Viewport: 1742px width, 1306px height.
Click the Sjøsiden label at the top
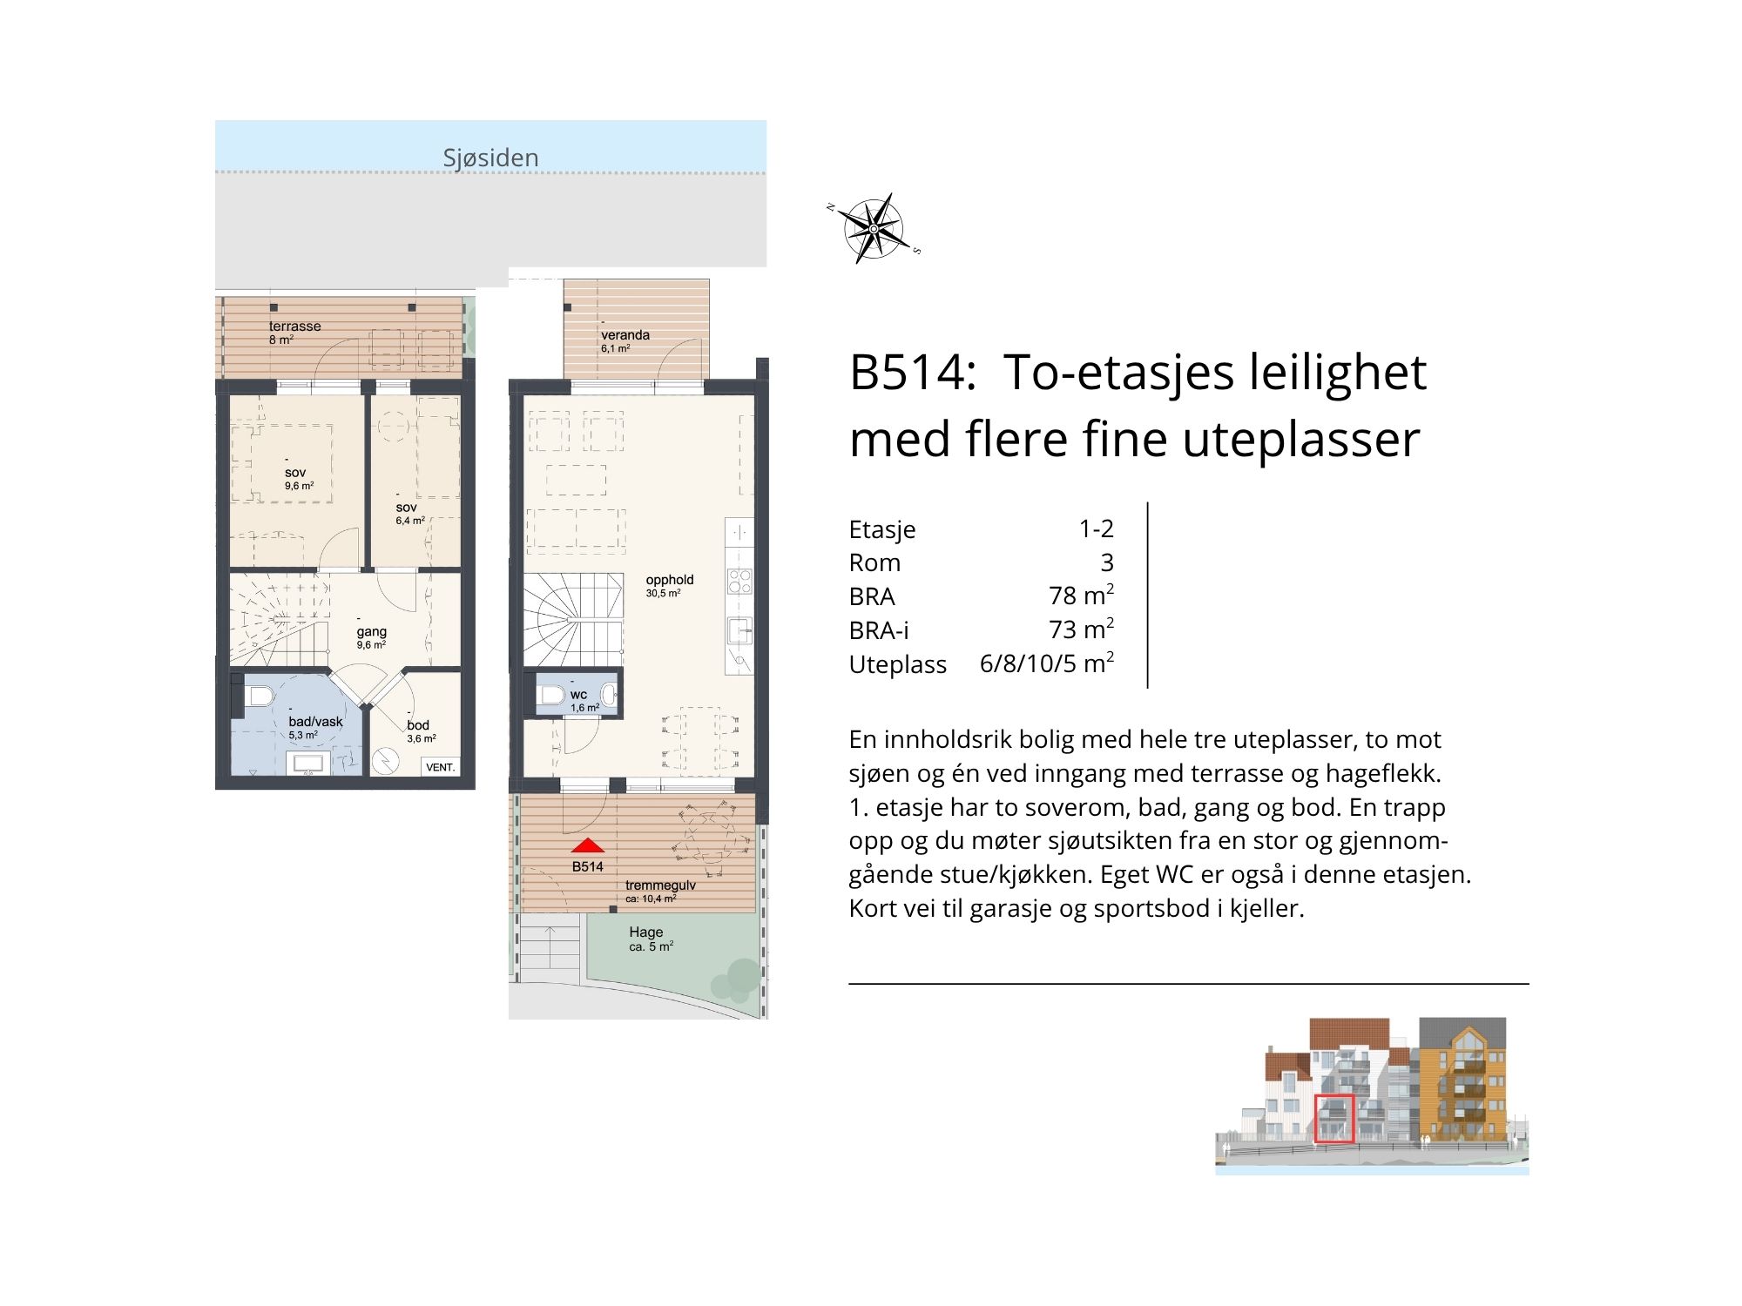(x=490, y=158)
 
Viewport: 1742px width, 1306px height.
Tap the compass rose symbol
(x=874, y=228)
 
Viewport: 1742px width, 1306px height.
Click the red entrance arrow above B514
(x=588, y=845)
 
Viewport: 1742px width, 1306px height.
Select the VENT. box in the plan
(x=440, y=767)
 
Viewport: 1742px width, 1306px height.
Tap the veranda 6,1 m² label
(x=625, y=340)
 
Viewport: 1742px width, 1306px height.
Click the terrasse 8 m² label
(x=294, y=332)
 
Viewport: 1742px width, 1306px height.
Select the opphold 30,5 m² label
(x=669, y=585)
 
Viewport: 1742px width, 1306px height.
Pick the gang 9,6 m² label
(x=371, y=637)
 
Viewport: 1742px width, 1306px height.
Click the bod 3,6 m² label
(x=421, y=730)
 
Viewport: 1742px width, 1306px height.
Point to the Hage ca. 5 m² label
(x=651, y=939)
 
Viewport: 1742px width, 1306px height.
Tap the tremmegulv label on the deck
(x=660, y=885)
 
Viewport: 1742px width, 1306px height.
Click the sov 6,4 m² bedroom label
(x=409, y=513)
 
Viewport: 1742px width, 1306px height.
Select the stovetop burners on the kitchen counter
(x=739, y=580)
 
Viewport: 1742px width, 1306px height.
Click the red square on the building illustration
(x=1334, y=1119)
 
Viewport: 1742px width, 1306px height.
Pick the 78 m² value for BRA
(x=1081, y=595)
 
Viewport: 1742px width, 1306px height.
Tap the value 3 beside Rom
(x=1107, y=562)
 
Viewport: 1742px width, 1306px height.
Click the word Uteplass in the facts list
(x=897, y=664)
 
